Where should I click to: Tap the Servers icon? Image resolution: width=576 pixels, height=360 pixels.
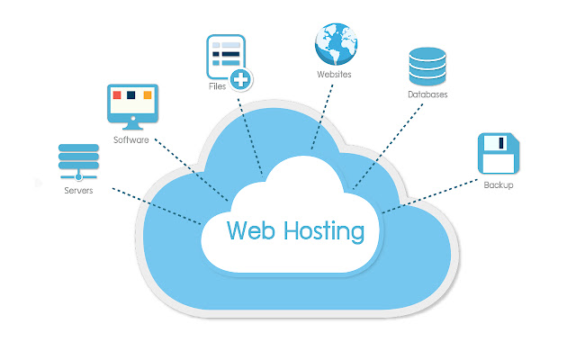coord(76,162)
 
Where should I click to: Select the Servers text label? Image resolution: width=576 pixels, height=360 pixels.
coord(77,191)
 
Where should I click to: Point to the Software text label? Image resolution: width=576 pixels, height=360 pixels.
coord(131,140)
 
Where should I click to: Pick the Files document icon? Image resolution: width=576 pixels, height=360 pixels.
coord(225,58)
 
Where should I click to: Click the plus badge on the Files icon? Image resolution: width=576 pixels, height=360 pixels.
coord(240,79)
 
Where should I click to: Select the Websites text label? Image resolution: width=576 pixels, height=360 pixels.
coord(334,74)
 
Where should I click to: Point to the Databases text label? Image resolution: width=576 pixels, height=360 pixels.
coord(427,94)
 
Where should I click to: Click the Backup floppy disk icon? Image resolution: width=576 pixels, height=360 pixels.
coord(497,154)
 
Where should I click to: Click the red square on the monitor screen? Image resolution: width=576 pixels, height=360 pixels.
coord(117,94)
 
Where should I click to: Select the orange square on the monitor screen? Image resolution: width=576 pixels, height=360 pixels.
coord(147,94)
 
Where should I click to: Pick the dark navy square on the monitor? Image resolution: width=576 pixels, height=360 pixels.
coord(131,94)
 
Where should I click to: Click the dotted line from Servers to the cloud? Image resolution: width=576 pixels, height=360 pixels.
coord(153,206)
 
